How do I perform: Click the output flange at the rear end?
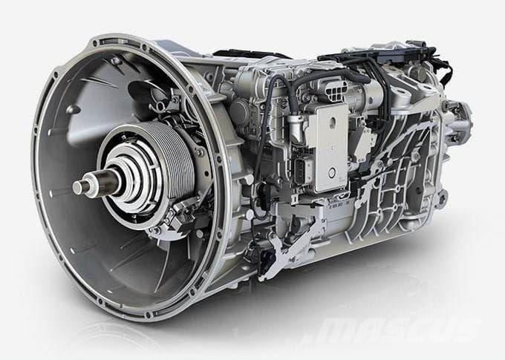460,120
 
